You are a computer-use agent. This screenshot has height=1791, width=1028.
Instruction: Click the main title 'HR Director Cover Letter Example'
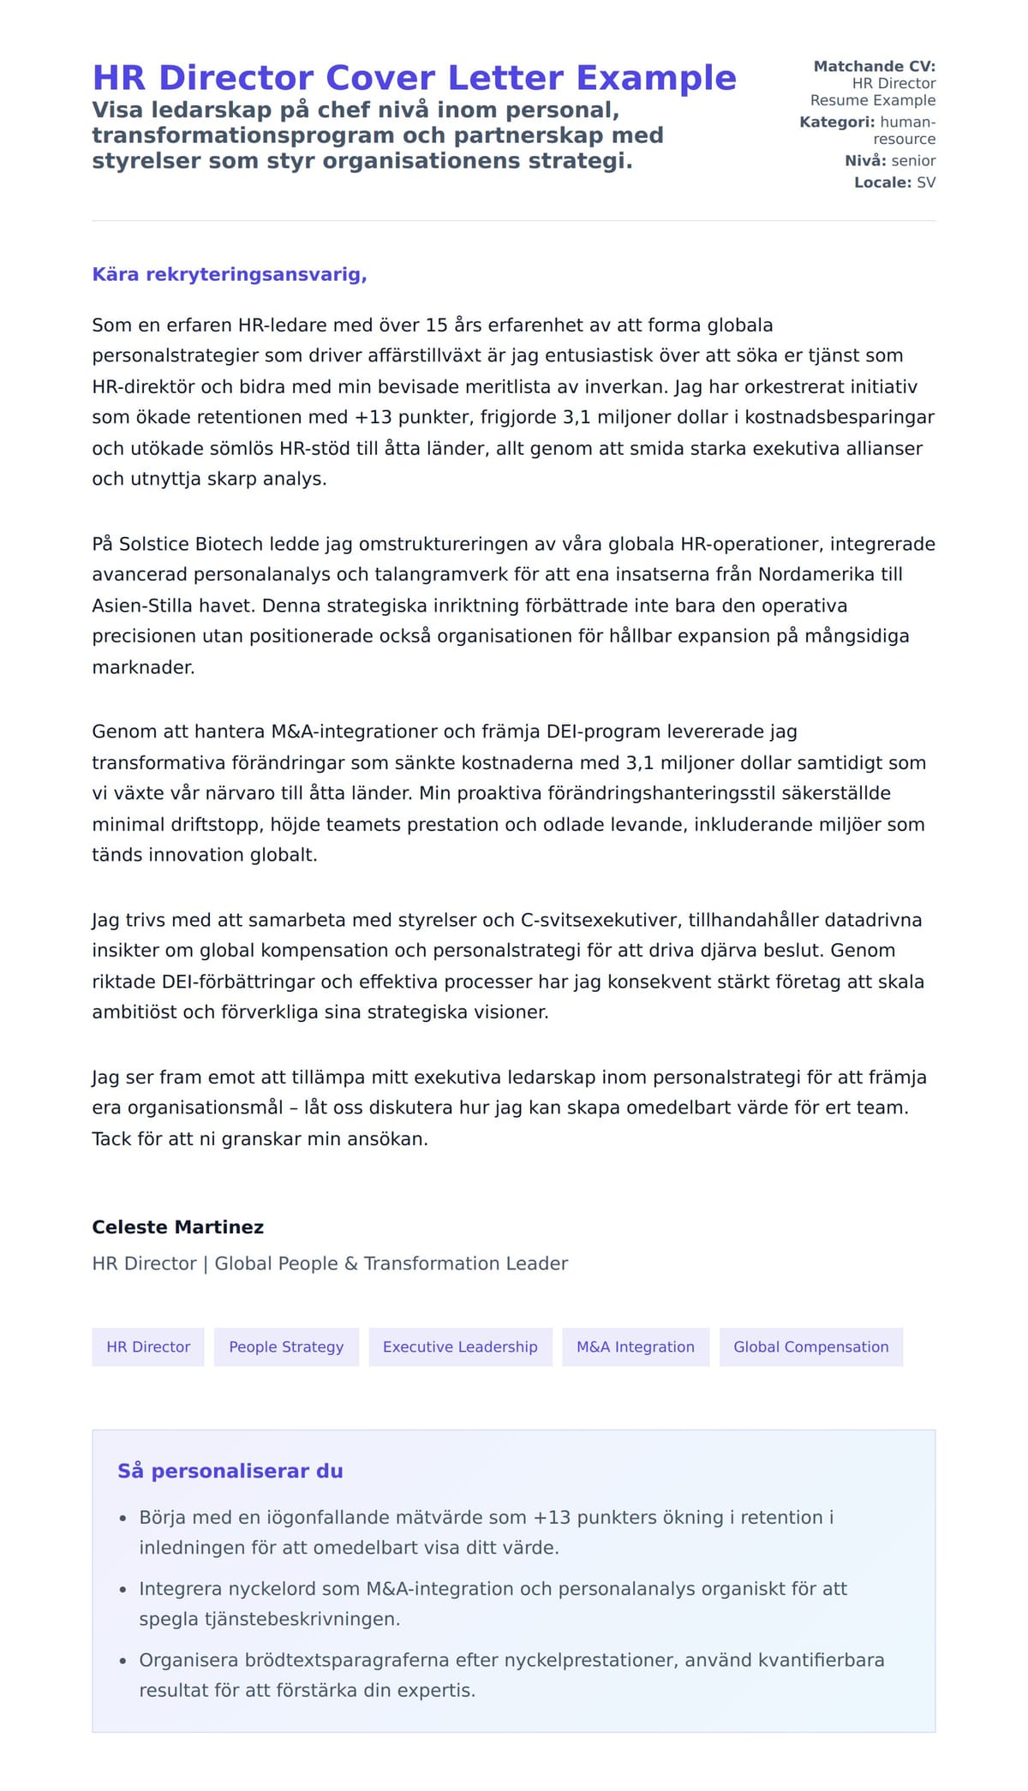tap(414, 78)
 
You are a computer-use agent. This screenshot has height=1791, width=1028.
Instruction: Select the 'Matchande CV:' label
tap(874, 66)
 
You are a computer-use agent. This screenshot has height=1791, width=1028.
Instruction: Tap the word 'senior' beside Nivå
tap(913, 160)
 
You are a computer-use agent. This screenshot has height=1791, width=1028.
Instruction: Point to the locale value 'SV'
tap(926, 182)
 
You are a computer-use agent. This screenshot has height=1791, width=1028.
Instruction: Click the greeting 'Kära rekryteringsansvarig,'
tap(230, 275)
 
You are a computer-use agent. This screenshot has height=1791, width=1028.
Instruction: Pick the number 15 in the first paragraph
tap(436, 325)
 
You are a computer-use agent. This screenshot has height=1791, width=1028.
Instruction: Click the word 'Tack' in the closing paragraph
tap(111, 1139)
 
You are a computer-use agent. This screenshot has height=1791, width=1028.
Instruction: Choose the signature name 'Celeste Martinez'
tap(178, 1227)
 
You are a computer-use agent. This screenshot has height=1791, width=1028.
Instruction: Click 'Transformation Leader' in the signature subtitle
tap(466, 1263)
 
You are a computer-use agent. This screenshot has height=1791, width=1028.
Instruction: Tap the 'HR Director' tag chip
tap(148, 1347)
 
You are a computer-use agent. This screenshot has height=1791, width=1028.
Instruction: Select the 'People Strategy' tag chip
tap(286, 1347)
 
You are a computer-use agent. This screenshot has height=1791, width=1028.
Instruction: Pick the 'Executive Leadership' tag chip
tap(460, 1347)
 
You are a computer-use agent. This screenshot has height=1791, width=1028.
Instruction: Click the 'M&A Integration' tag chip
tap(636, 1347)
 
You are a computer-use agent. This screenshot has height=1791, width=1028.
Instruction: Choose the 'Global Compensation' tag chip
tap(810, 1347)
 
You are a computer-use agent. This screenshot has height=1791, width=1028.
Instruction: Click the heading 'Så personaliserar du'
tap(230, 1472)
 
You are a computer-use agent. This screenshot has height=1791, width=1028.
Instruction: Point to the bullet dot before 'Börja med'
tap(123, 1519)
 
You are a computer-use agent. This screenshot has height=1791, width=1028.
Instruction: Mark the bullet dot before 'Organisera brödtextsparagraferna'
tap(123, 1662)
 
